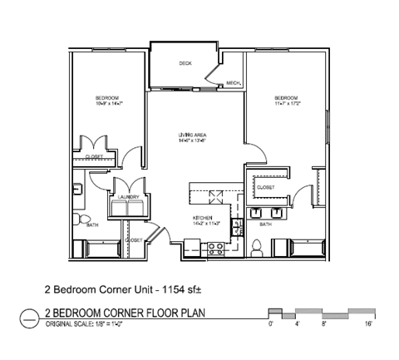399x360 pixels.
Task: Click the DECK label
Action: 185,63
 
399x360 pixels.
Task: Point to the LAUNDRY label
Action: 127,197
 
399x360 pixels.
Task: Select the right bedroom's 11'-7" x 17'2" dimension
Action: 288,104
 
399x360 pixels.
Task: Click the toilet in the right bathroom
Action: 258,247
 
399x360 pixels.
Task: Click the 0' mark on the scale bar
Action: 270,325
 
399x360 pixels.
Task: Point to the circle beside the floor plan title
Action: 29,316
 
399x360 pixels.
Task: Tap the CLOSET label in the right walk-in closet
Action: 266,188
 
